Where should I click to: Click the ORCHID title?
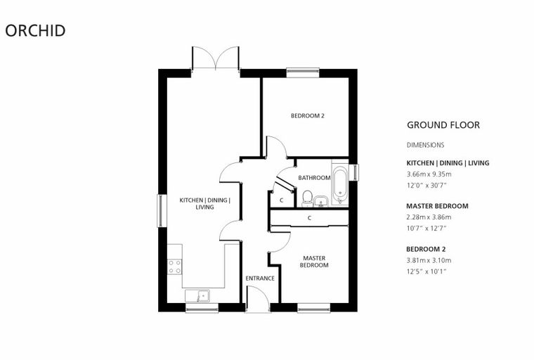pos(35,30)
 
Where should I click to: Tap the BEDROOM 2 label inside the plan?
pos(308,116)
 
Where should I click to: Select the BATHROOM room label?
pos(314,178)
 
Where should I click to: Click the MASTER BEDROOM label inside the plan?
pos(314,262)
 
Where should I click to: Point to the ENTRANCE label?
pos(260,278)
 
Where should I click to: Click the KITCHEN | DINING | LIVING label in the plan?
pos(204,203)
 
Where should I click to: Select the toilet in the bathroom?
pos(307,199)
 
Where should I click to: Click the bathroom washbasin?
pos(320,202)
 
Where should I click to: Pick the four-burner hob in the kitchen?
pos(175,266)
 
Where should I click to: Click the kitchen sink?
pos(197,295)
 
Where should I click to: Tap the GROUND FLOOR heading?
pos(443,125)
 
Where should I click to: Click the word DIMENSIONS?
pos(425,145)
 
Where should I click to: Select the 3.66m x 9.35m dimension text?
pos(429,174)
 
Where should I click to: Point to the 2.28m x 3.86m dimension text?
pos(429,217)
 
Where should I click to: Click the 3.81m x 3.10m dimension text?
pos(429,260)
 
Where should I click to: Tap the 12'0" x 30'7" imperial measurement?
pos(426,186)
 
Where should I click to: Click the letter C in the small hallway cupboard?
pos(281,200)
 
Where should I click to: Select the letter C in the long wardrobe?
pos(309,217)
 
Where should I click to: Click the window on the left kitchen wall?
pos(160,211)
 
